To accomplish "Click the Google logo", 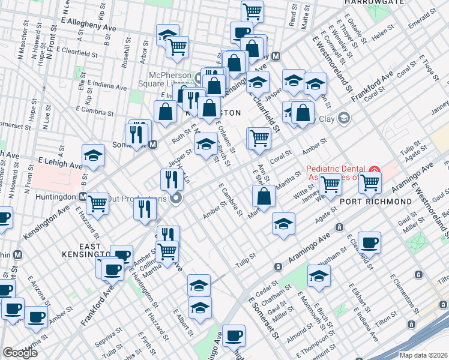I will click(x=20, y=353).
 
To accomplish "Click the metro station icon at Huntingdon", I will click(x=82, y=196).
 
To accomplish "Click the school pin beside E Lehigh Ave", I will click(x=93, y=156).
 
